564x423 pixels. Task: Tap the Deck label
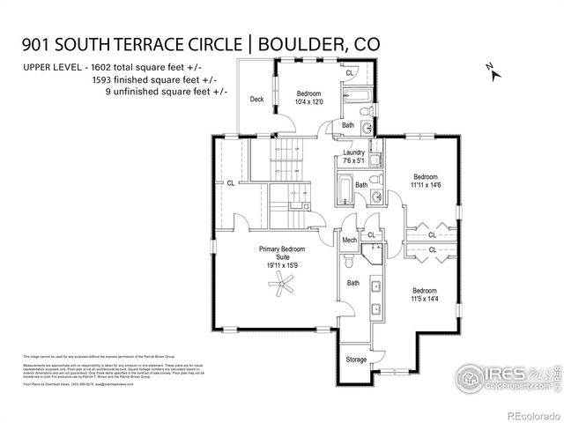pyautogui.click(x=257, y=100)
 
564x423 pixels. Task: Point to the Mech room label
pyautogui.click(x=349, y=239)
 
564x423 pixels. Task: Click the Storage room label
pyautogui.click(x=356, y=360)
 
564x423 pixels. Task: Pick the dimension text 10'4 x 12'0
pyautogui.click(x=309, y=102)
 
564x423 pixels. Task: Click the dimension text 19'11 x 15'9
pyautogui.click(x=283, y=262)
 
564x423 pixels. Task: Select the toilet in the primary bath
pyautogui.click(x=350, y=262)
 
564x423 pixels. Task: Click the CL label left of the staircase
pyautogui.click(x=231, y=183)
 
